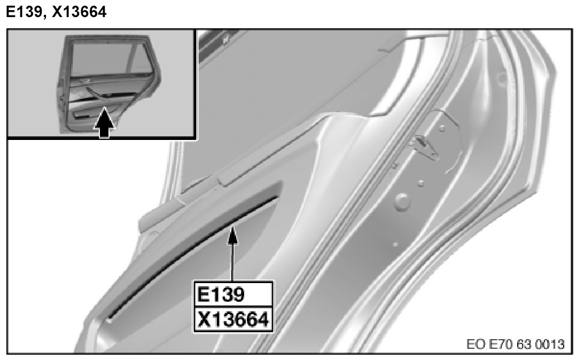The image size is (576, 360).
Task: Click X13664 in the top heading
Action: click(x=79, y=12)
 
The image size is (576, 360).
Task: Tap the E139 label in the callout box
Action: click(x=220, y=294)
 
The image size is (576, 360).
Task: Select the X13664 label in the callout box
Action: click(x=233, y=319)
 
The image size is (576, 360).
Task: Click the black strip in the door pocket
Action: click(x=192, y=257)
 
